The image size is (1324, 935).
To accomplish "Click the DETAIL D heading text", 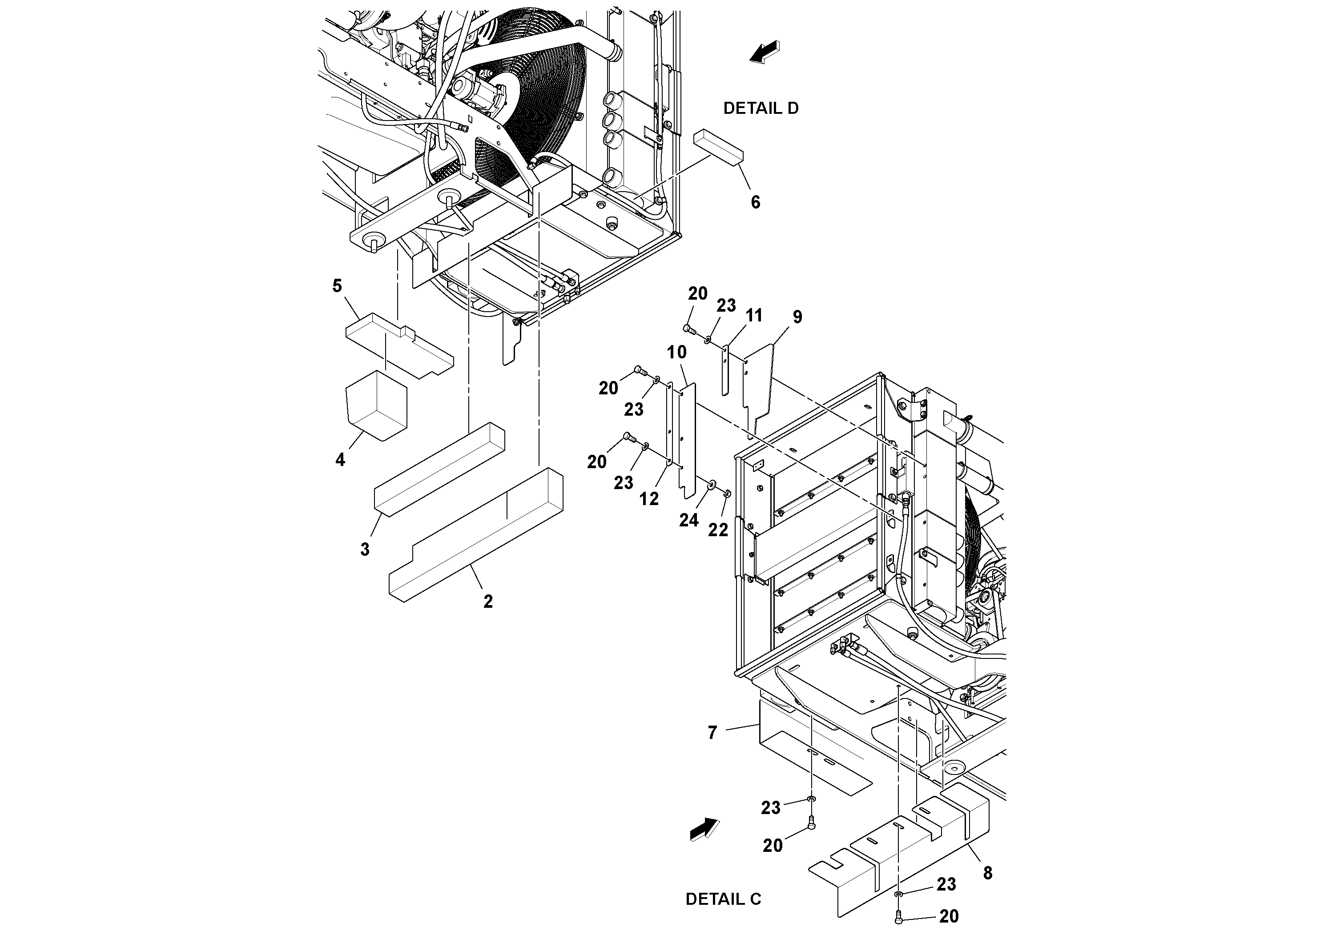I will (x=761, y=108).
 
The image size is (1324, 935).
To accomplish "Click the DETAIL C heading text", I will (x=723, y=899).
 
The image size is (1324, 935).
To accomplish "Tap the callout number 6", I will (x=755, y=202).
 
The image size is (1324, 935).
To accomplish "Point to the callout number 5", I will (x=338, y=286).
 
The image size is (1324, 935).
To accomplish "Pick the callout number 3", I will (x=365, y=550).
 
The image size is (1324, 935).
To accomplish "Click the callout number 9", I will (x=797, y=317).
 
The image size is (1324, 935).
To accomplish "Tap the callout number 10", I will (x=677, y=352).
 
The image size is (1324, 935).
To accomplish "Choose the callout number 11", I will (x=754, y=315).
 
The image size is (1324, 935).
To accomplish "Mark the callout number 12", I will (x=649, y=499).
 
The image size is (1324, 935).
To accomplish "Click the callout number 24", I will (x=688, y=520).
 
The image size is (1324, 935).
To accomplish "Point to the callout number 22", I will (x=718, y=530).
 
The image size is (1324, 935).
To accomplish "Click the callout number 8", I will (x=987, y=873).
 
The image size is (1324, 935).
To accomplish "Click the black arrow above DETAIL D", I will (x=765, y=52).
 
